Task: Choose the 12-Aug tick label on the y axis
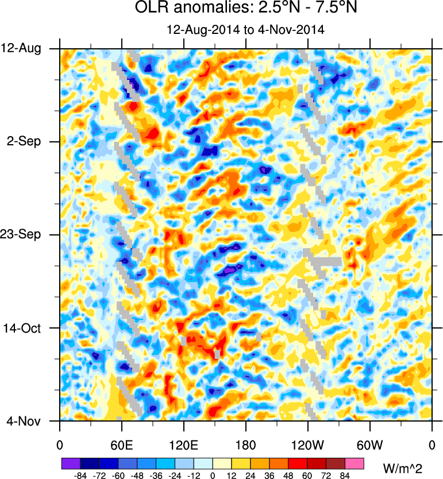click(x=26, y=48)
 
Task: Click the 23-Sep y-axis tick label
click(x=26, y=234)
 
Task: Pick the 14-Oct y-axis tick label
click(x=26, y=327)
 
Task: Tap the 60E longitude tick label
click(x=121, y=445)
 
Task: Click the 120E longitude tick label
click(x=183, y=445)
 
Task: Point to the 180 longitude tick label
click(x=245, y=445)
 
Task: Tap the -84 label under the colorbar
click(x=80, y=475)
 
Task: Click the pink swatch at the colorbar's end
click(x=355, y=462)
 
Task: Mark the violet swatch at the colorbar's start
click(x=71, y=462)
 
